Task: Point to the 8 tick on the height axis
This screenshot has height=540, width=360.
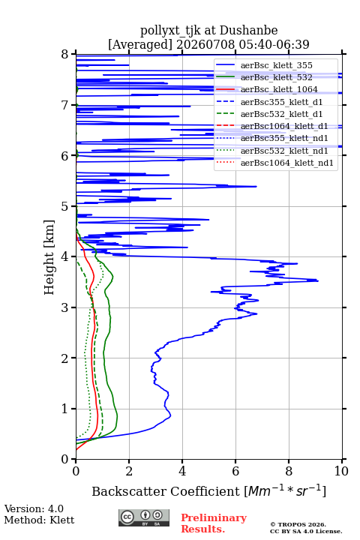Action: pyautogui.click(x=73, y=54)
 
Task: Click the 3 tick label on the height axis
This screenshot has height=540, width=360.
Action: pyautogui.click(x=64, y=307)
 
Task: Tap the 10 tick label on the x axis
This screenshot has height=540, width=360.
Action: pyautogui.click(x=341, y=471)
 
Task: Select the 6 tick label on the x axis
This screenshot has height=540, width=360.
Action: pyautogui.click(x=235, y=471)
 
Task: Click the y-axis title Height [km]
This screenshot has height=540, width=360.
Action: pyautogui.click(x=49, y=257)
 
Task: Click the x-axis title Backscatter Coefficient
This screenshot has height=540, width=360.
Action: pyautogui.click(x=165, y=491)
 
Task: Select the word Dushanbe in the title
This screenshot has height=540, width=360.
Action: pyautogui.click(x=248, y=31)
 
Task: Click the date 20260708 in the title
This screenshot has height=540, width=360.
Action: pyautogui.click(x=205, y=44)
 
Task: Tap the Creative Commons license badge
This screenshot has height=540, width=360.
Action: pyautogui.click(x=144, y=517)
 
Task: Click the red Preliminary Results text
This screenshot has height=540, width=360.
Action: pyautogui.click(x=214, y=523)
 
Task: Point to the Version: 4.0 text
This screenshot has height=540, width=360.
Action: pyautogui.click(x=34, y=508)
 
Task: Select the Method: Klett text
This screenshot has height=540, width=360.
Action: pyautogui.click(x=39, y=520)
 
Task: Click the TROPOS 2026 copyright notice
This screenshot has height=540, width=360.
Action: pyautogui.click(x=298, y=524)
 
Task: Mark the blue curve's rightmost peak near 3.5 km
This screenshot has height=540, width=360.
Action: pyautogui.click(x=318, y=281)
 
